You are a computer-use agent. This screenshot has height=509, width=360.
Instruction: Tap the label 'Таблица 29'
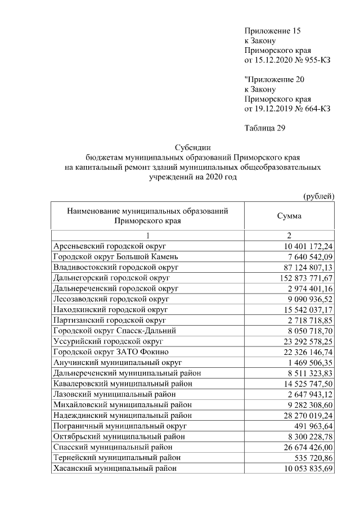265,128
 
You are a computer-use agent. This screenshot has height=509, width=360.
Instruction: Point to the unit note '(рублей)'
319,196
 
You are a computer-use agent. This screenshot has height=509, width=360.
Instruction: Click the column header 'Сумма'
290,216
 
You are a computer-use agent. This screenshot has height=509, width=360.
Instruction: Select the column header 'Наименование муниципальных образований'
147,211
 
